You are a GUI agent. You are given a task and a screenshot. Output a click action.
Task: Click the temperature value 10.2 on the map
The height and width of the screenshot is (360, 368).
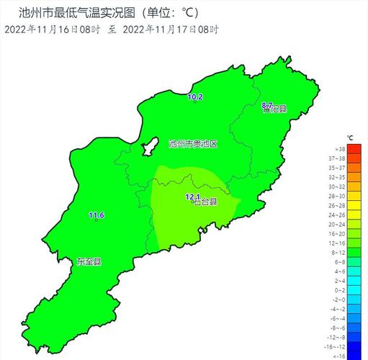click(195, 96)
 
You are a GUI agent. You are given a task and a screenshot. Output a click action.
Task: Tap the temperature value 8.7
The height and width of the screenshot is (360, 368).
click(266, 105)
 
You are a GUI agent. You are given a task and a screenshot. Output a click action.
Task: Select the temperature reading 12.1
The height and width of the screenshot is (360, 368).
click(192, 197)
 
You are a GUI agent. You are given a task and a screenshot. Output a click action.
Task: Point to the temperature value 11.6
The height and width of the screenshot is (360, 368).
click(97, 215)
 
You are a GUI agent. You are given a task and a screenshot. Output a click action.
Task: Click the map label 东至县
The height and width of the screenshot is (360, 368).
click(89, 261)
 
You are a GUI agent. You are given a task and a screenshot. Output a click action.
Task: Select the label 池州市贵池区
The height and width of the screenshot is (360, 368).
click(192, 143)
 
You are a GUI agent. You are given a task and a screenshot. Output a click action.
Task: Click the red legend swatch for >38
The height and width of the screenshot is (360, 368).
click(354, 148)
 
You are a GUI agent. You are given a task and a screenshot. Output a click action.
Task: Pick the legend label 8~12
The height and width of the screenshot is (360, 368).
click(337, 253)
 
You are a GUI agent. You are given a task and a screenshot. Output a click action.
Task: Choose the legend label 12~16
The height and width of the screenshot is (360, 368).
click(337, 243)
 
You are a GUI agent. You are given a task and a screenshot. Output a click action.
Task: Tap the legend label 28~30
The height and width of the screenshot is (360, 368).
click(337, 196)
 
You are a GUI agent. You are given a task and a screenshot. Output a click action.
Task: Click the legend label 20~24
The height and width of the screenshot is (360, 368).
click(337, 224)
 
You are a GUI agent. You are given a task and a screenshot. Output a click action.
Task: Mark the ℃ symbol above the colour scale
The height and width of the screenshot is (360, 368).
click(350, 137)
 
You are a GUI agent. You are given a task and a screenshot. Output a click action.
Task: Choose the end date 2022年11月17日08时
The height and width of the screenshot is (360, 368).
click(171, 30)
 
